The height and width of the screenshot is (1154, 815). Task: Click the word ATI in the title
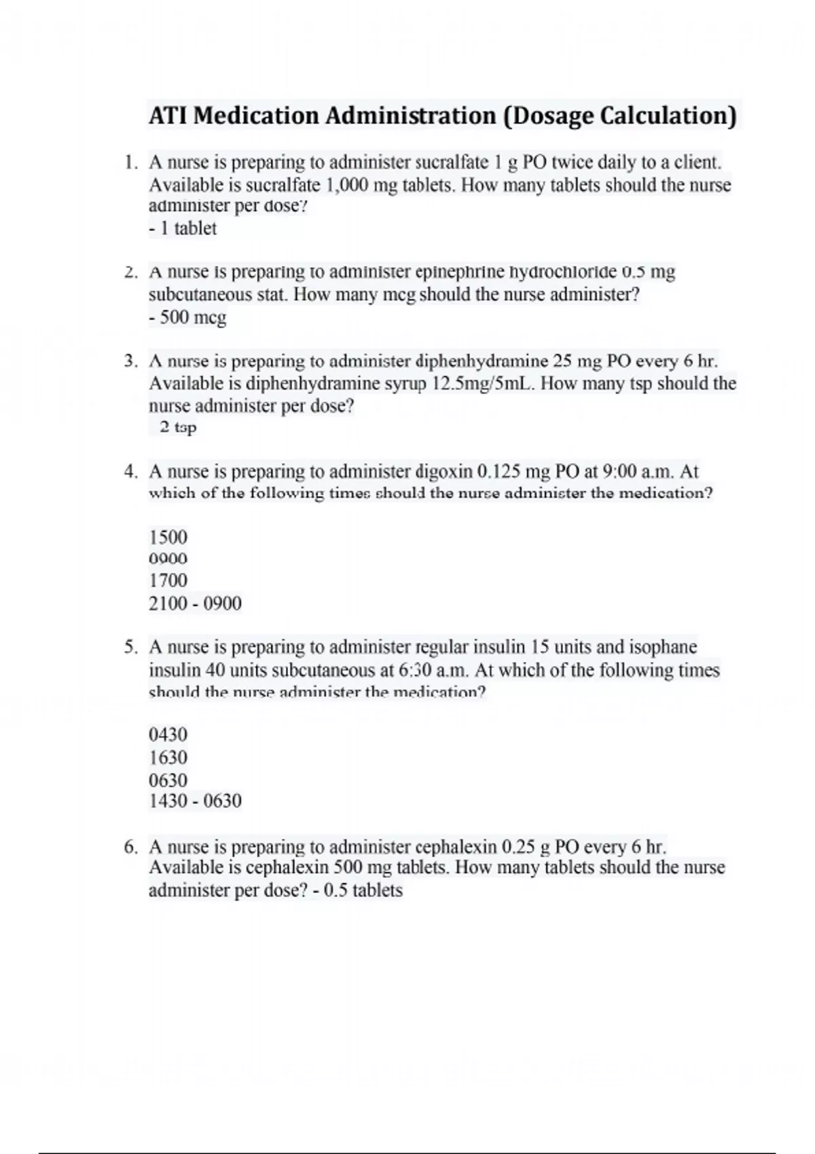pyautogui.click(x=167, y=116)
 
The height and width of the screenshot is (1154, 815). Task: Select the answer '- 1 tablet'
pyautogui.click(x=182, y=229)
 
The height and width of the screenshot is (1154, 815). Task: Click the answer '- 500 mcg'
pyautogui.click(x=187, y=318)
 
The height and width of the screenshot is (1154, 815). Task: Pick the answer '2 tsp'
pyautogui.click(x=178, y=428)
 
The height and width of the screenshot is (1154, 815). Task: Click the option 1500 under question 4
pyautogui.click(x=168, y=538)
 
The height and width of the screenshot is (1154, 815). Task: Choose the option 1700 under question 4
pyautogui.click(x=168, y=581)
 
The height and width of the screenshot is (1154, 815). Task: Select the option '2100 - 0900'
pyautogui.click(x=195, y=603)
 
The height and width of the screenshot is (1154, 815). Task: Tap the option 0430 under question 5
pyautogui.click(x=168, y=734)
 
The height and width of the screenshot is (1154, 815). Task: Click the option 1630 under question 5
pyautogui.click(x=168, y=758)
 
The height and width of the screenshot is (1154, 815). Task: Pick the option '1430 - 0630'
pyautogui.click(x=195, y=802)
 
